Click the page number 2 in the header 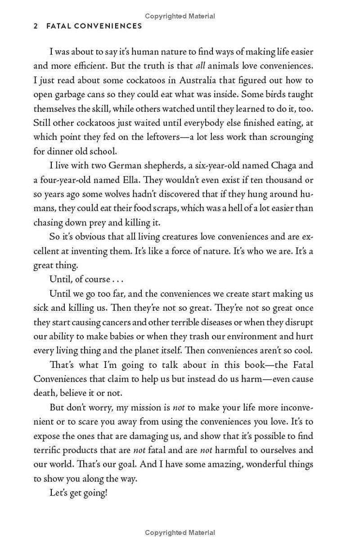pyautogui.click(x=36, y=26)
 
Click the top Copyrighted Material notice pyautogui.click(x=180, y=16)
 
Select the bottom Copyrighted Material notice pyautogui.click(x=180, y=533)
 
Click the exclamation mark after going pyautogui.click(x=106, y=493)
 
